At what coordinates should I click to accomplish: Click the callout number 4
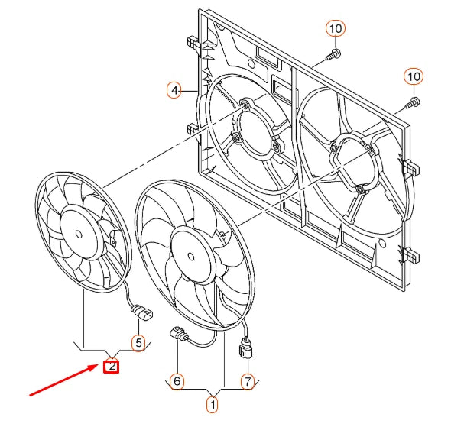click(174, 91)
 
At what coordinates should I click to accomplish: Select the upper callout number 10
click(335, 29)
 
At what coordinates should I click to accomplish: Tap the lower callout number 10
click(413, 76)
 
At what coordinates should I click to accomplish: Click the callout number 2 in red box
click(112, 366)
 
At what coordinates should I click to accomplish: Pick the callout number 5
click(138, 342)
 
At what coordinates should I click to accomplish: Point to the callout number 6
click(176, 380)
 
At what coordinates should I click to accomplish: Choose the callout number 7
click(247, 380)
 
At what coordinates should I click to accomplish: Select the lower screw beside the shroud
click(413, 101)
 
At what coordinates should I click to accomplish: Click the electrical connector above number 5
click(142, 312)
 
